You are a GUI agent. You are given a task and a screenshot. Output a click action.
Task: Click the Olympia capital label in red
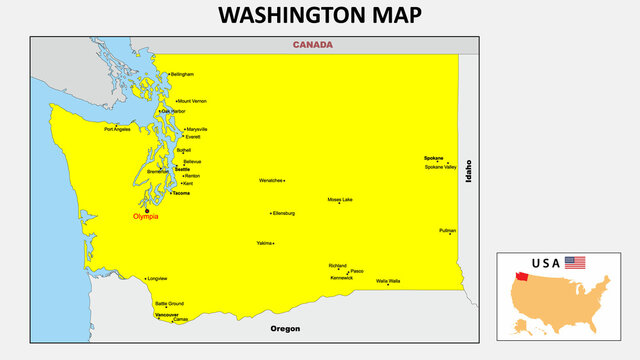point(145,216)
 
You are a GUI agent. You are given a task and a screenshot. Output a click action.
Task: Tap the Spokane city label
point(433,158)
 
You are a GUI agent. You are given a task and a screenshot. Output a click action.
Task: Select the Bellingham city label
point(182,74)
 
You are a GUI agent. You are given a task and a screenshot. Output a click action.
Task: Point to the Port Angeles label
point(117,128)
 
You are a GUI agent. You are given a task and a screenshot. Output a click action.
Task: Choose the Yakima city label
point(264,243)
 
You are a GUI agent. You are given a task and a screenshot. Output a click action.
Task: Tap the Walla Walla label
point(388,281)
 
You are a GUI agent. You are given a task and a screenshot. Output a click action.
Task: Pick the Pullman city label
point(447,230)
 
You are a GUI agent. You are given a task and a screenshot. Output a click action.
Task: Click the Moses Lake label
point(340,200)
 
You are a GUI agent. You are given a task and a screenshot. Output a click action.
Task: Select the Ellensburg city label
point(284,213)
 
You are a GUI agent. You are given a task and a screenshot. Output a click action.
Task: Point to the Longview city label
point(157,278)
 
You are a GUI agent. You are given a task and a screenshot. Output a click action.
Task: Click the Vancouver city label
point(167,315)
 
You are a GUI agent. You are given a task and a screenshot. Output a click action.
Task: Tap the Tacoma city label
point(181,193)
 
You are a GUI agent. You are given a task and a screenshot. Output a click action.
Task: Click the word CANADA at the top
point(313,45)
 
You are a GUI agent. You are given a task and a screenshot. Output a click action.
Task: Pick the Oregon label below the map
point(285,329)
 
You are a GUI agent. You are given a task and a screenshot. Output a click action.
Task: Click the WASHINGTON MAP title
point(320,16)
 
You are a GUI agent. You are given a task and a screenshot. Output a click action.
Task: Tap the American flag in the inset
point(575,263)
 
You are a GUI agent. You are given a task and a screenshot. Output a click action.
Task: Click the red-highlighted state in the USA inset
point(522,277)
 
